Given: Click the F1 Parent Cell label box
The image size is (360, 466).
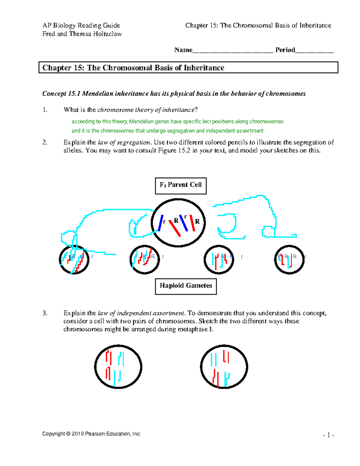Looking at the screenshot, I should coord(181,186).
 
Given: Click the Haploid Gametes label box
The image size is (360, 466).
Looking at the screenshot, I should coord(186,286).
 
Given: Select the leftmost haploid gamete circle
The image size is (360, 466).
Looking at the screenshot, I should coord(74,260).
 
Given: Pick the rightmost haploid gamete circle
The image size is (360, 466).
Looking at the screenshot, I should coord(289,260).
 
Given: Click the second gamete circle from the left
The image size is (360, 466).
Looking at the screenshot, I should coord(145,260).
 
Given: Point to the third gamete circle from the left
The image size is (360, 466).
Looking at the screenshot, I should coord(219,260).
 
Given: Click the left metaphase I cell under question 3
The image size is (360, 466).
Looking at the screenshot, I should coord(118,367).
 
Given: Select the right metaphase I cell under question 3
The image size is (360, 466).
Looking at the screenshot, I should coord(224,367).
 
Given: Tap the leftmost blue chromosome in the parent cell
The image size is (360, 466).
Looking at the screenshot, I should coord(161,223).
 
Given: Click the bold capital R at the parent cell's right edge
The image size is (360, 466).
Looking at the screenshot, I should coord(197,221).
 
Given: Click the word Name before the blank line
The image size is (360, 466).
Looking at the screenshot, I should coord(183,50).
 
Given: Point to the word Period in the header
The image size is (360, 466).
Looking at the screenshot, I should coord(285,50).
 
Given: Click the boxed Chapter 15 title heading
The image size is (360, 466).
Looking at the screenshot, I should coord(188,68).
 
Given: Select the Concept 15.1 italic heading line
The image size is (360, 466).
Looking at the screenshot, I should coord(174,94).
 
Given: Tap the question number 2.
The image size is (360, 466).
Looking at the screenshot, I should coord(45,143).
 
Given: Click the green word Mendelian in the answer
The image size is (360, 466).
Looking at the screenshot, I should coord(142,122).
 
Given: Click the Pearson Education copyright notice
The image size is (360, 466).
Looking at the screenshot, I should coord(91,434).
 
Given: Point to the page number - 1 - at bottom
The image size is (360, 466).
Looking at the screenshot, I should coord(328,435).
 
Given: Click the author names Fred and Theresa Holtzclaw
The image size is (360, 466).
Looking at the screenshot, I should coord(82,34).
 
